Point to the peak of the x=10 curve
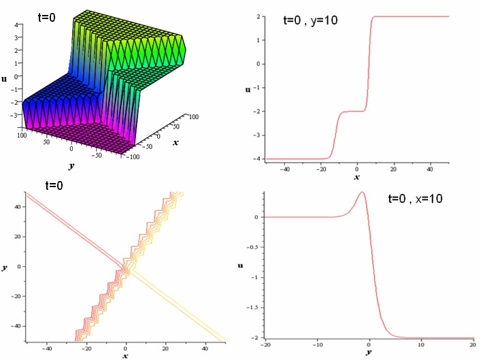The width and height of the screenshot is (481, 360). [362, 192]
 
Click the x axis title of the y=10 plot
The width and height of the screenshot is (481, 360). [356, 178]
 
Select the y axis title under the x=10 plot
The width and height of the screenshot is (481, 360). [368, 353]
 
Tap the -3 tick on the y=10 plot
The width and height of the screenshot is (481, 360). [255, 135]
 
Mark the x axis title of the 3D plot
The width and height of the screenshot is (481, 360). [176, 143]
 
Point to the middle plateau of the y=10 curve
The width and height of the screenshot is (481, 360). [352, 111]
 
